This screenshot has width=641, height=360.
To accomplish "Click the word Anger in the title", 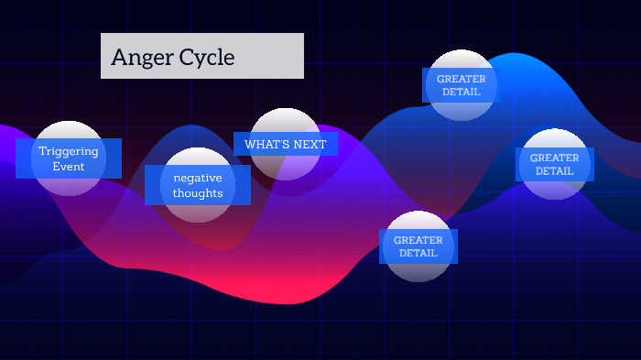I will (139, 58).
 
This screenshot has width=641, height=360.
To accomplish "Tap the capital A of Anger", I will (118, 58).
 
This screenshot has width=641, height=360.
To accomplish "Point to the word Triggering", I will (69, 151).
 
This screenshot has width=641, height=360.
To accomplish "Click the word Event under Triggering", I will (69, 167).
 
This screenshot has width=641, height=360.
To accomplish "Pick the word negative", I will (198, 178).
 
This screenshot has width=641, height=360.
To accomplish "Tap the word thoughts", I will (198, 193).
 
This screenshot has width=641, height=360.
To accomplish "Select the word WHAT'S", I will (264, 145).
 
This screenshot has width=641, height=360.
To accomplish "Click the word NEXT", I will (310, 145).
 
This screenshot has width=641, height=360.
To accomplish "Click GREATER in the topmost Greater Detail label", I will (462, 79).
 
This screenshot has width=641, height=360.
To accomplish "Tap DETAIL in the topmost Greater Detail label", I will (462, 92).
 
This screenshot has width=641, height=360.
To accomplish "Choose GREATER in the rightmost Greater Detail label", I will (555, 158).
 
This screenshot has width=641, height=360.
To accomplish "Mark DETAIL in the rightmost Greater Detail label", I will (555, 171).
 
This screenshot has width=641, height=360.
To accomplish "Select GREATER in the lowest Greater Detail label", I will (418, 240).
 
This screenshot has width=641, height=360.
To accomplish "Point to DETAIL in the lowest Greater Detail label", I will (418, 253).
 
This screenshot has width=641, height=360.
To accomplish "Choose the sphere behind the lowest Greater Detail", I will (418, 270).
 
